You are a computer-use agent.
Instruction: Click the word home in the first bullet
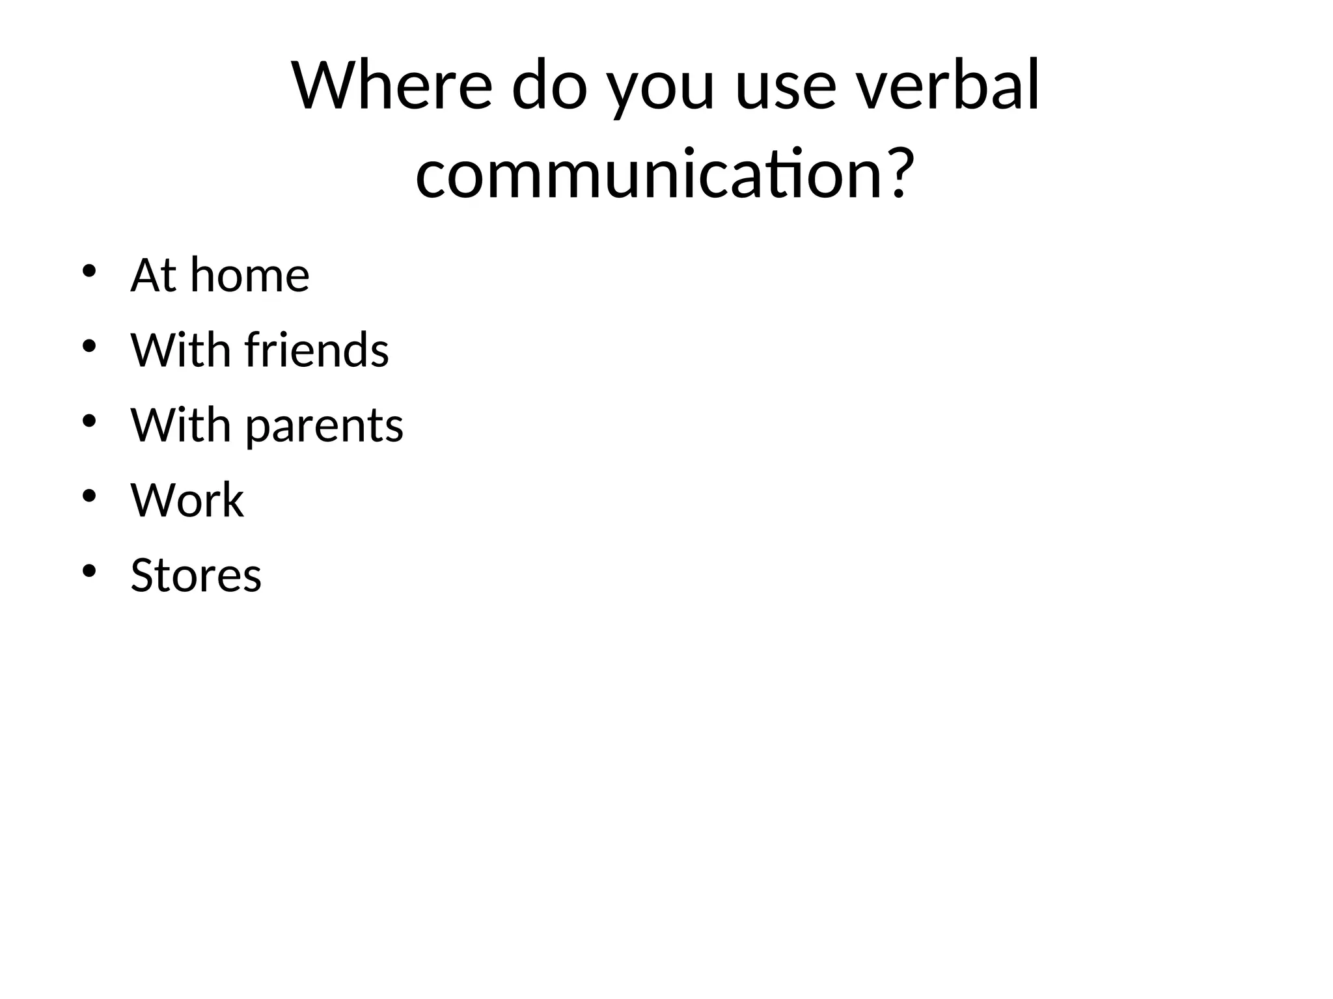click(250, 275)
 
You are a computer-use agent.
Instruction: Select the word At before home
click(154, 275)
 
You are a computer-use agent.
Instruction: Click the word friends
click(317, 350)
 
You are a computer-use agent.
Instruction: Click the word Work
click(187, 500)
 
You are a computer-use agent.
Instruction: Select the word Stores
click(196, 576)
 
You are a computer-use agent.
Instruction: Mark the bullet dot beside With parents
click(89, 421)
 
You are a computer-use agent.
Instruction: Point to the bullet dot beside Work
click(89, 496)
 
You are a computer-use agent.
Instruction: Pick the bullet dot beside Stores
click(89, 571)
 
